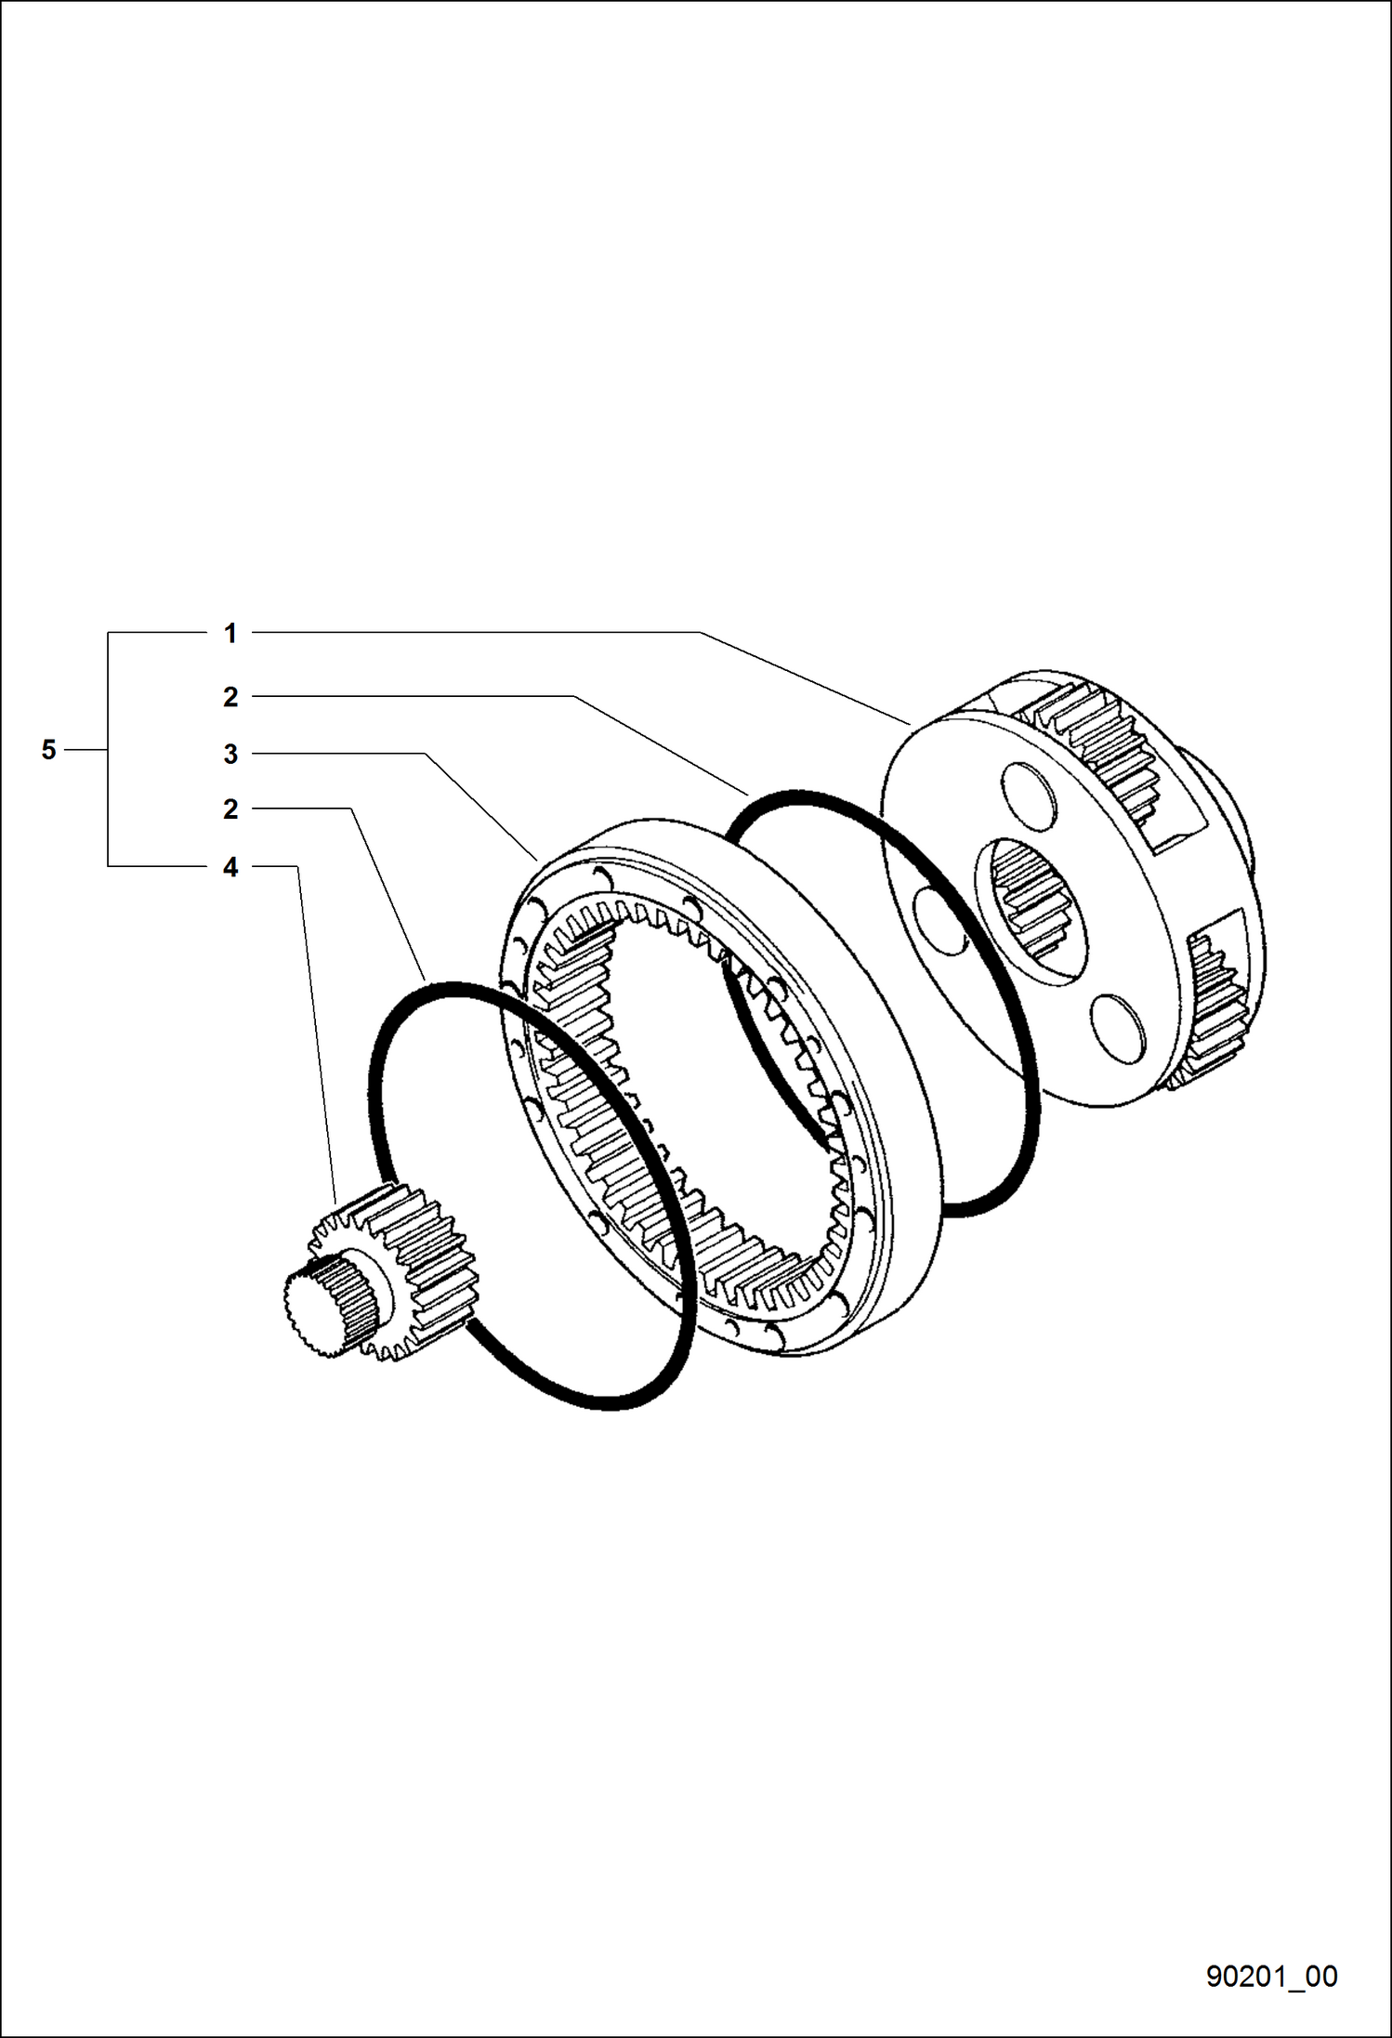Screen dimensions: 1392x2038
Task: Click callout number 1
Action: pos(230,634)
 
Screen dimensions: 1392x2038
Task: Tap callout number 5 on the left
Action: pos(49,749)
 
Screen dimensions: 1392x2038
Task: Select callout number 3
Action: pos(230,755)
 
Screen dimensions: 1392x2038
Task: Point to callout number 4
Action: pos(230,867)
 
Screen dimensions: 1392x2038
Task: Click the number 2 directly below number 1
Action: pos(230,697)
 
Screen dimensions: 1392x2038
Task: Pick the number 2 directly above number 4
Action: pos(230,809)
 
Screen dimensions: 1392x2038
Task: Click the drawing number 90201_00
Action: pos(1271,1976)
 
